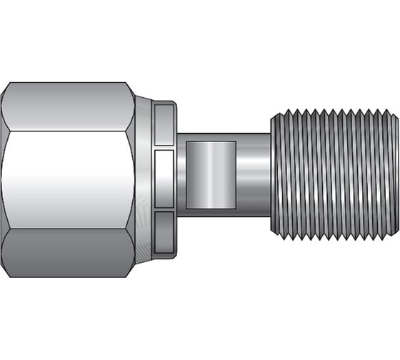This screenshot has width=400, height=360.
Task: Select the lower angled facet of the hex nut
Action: [x=68, y=254]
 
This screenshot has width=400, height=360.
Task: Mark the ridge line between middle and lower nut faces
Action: [x=68, y=229]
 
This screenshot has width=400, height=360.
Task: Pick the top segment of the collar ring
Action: [x=165, y=124]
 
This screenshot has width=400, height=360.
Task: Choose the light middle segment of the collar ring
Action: [x=165, y=179]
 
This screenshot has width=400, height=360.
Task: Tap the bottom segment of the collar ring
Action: [x=165, y=233]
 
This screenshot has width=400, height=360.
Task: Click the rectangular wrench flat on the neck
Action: [x=210, y=179]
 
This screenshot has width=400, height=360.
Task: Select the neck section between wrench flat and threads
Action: [x=253, y=179]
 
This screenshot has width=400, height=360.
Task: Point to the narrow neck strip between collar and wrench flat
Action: [x=181, y=179]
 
